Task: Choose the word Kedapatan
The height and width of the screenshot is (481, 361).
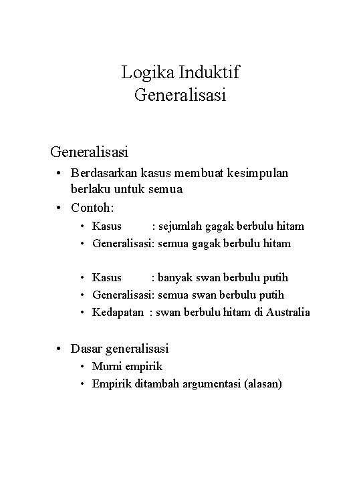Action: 118,312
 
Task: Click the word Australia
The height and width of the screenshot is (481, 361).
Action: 286,312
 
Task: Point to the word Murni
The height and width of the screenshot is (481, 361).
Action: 107,366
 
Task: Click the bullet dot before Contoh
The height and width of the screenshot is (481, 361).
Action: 60,205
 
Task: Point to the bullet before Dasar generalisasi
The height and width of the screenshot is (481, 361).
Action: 60,347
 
